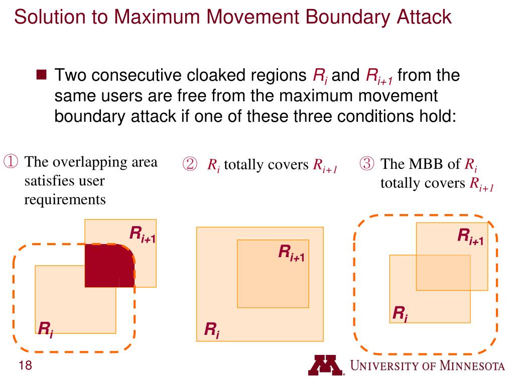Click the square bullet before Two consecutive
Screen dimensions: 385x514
(42, 76)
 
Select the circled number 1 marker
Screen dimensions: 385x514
(11, 162)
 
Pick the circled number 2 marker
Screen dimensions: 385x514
(190, 164)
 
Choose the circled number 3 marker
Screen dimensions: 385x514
(367, 164)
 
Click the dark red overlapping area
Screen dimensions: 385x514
(108, 266)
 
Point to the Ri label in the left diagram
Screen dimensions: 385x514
(45, 329)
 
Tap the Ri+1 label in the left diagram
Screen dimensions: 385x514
(143, 234)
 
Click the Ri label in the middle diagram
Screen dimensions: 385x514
(211, 330)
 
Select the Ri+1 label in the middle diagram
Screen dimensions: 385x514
(292, 252)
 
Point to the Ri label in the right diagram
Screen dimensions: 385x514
(400, 314)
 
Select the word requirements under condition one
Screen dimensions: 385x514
(65, 200)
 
